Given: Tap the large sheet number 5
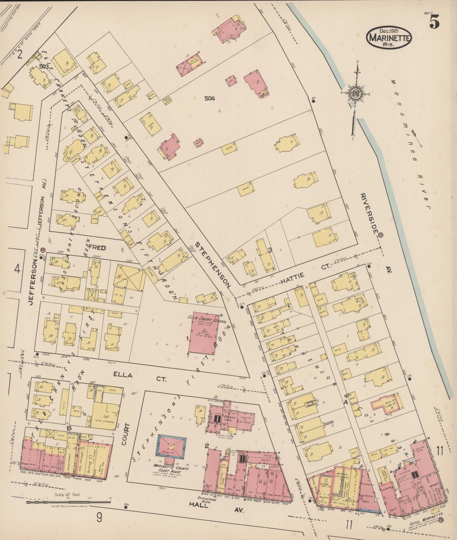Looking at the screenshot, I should point(435,22).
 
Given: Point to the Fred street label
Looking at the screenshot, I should point(97,247).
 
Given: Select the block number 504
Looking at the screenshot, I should point(209,99).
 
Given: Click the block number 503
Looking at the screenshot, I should point(44,66).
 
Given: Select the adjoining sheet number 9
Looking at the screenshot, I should point(99,518).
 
